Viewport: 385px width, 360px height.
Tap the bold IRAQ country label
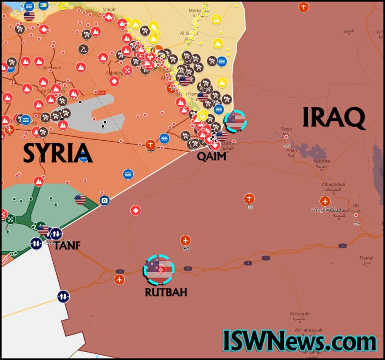[333, 118]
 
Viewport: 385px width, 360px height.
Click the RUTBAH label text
[166, 292]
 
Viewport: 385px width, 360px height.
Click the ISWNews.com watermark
[299, 341]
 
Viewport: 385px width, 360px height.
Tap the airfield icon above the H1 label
[249, 198]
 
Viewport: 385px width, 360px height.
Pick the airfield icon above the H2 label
[186, 240]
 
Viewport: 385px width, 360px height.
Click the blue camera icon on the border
[104, 200]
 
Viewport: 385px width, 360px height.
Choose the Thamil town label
[366, 258]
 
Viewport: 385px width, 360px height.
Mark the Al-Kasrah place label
[299, 313]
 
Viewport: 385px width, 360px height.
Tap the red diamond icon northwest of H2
[135, 210]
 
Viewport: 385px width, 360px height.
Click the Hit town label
[356, 205]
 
